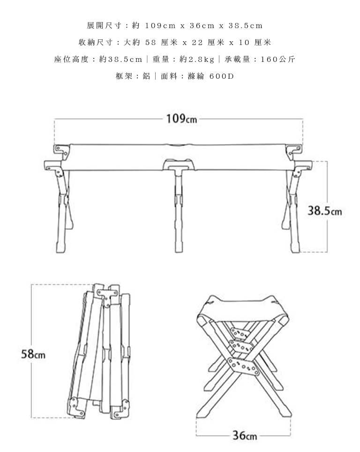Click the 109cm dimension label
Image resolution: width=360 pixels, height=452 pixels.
(x=181, y=119)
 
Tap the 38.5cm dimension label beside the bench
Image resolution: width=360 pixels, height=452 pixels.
(x=325, y=211)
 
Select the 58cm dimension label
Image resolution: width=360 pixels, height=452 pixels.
(x=33, y=354)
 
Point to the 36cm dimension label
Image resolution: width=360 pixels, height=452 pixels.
(x=245, y=435)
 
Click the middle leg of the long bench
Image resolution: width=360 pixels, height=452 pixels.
(x=179, y=210)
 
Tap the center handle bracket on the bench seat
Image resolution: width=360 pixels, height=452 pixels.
(x=179, y=164)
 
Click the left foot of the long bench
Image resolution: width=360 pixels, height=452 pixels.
(x=61, y=248)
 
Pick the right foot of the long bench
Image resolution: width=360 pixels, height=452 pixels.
(x=295, y=248)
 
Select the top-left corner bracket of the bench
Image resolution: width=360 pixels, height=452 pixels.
(x=61, y=151)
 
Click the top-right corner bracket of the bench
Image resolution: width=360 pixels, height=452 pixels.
(x=294, y=151)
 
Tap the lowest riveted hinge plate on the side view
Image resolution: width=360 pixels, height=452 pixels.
(x=243, y=367)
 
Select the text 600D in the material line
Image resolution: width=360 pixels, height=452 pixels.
(x=222, y=76)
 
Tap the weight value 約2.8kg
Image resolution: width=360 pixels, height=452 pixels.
(x=197, y=60)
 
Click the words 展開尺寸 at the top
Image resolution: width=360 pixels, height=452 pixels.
(x=100, y=26)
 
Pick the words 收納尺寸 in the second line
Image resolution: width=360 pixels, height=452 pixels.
(x=91, y=43)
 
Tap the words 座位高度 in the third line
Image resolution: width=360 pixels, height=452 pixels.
(x=71, y=60)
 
